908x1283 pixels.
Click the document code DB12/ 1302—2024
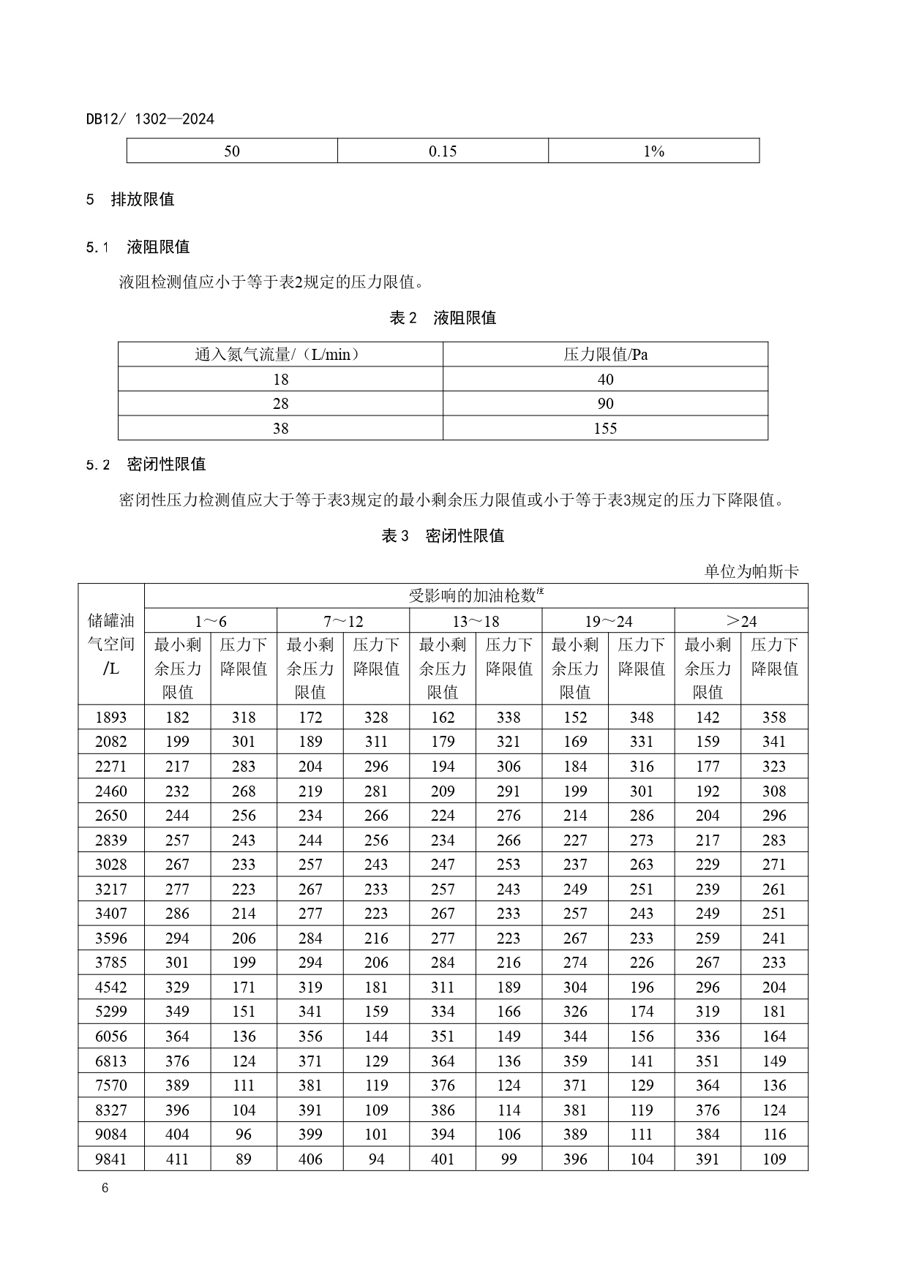point(150,119)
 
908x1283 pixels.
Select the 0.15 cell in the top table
point(443,151)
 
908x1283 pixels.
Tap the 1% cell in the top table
point(653,151)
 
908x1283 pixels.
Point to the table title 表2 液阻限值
point(443,318)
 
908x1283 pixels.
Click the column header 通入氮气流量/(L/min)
point(280,355)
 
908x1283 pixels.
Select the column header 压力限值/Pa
point(605,355)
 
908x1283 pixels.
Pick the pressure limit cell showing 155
point(605,429)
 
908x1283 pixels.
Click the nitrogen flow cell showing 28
point(280,404)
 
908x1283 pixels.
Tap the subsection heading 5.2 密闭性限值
point(146,464)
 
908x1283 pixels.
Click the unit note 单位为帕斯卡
point(751,571)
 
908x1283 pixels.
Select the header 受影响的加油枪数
point(476,595)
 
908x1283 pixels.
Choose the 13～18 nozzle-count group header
point(476,621)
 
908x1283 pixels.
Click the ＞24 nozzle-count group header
point(740,621)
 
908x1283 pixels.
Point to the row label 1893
point(111,718)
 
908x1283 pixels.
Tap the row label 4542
point(111,987)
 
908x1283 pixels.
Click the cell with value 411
point(177,1159)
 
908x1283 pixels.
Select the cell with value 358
point(774,718)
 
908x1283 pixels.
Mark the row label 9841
point(111,1159)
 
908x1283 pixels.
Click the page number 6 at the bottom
point(105,1189)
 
